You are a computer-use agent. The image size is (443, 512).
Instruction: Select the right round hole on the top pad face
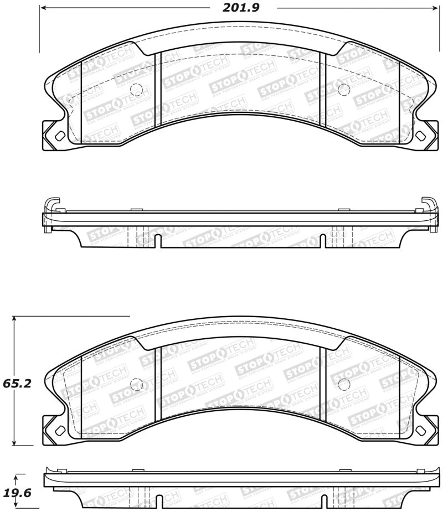(x=343, y=89)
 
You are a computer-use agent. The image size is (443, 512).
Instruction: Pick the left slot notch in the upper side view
(x=158, y=241)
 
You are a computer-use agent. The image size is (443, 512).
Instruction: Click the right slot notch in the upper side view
(x=323, y=241)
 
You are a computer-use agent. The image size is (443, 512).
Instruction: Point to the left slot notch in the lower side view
(x=158, y=502)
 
